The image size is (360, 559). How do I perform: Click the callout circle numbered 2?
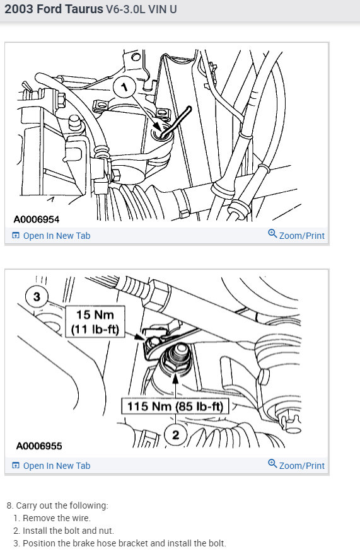[x=175, y=434]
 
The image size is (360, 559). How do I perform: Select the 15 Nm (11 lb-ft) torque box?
[x=96, y=322]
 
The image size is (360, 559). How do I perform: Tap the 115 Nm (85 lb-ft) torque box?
[x=174, y=406]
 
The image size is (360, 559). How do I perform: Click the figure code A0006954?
[x=38, y=219]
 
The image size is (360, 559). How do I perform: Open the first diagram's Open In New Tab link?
[x=56, y=236]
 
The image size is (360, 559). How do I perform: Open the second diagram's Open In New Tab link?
[x=56, y=466]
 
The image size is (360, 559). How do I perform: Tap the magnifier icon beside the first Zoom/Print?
[x=272, y=234]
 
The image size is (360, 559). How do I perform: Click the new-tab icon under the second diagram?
[x=16, y=466]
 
